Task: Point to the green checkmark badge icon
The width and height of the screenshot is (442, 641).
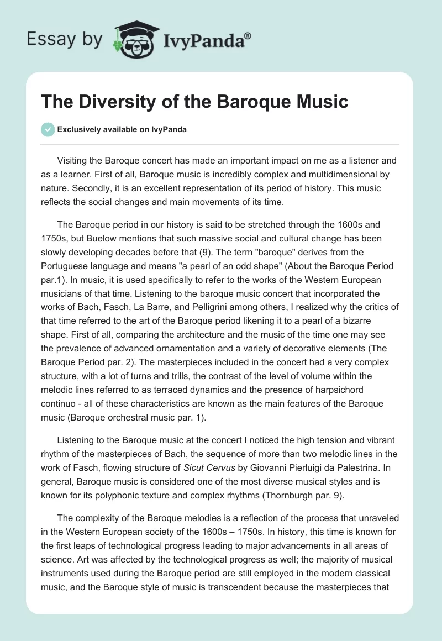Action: coord(48,129)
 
